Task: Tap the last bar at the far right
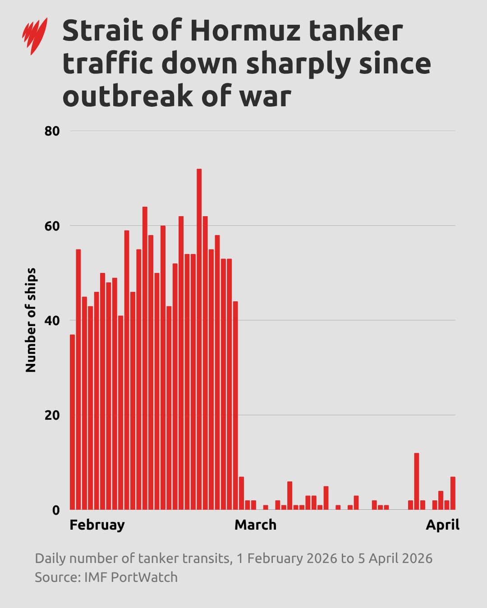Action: [453, 493]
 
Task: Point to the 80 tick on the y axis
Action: [52, 131]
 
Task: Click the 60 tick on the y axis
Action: [52, 226]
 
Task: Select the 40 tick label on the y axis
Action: [52, 321]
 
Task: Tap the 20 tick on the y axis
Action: [52, 415]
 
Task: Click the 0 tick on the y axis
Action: [55, 510]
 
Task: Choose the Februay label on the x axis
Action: [97, 525]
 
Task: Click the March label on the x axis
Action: [255, 525]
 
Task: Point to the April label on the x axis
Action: [442, 525]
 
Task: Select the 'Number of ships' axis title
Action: [31, 320]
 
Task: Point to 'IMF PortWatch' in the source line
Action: [131, 577]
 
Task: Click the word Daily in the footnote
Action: [50, 558]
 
